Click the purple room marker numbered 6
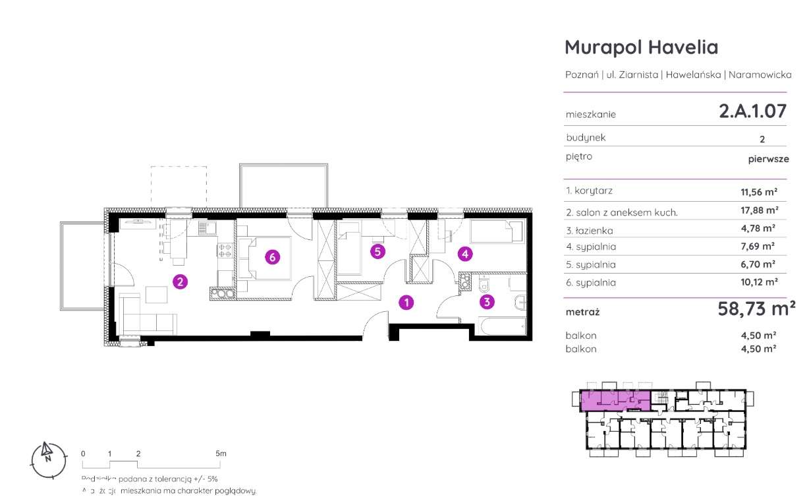click(271, 257)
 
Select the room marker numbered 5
click(377, 251)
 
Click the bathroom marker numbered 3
click(486, 303)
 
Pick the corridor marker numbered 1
click(407, 303)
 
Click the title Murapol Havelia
click(641, 47)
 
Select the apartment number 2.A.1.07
click(752, 111)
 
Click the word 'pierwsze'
click(768, 159)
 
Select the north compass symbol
click(48, 454)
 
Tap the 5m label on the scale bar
click(221, 454)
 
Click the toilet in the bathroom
click(484, 283)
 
